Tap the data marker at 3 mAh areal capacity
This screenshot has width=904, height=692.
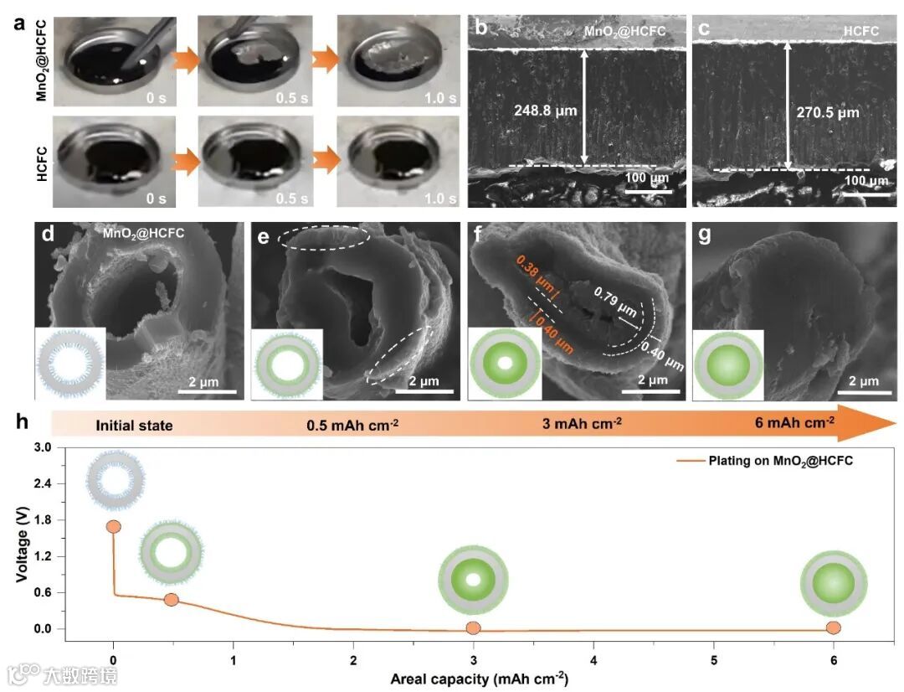[x=474, y=628]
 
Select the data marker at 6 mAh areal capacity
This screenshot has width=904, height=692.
[x=833, y=627]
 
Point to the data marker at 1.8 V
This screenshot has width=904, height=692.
[x=114, y=526]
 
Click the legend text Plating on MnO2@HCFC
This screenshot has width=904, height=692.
[x=780, y=461]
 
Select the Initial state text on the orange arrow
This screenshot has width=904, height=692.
[x=134, y=425]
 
